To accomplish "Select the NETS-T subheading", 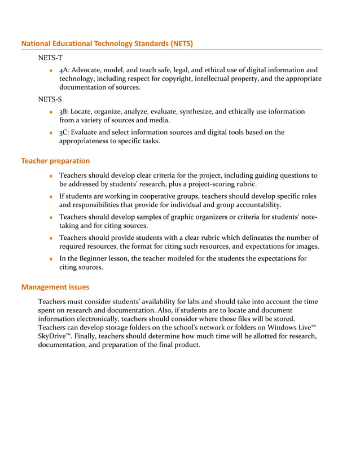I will point(50,58).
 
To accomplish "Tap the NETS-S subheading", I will point(50,100).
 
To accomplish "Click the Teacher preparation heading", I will point(55,161).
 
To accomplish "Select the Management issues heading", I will point(55,287).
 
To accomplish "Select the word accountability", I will point(253,205).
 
